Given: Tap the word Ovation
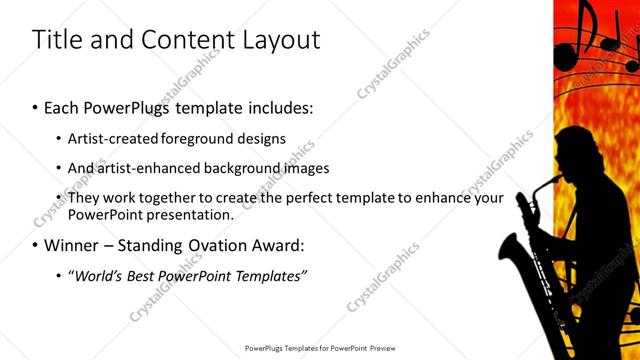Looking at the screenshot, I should (207, 244).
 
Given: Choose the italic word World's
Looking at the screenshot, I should (98, 275).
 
